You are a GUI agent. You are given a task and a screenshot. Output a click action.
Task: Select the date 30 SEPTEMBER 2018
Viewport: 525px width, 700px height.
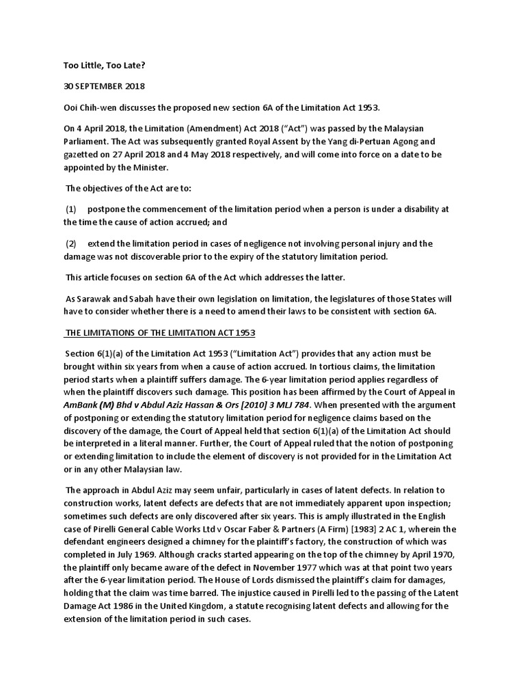[103, 87]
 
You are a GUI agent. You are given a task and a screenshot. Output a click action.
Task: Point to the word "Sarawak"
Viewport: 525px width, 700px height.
[94, 299]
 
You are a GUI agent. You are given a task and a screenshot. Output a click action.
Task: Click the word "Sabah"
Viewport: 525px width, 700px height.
[141, 299]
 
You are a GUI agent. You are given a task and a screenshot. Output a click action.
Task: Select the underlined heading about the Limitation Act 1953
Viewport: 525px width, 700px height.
[159, 332]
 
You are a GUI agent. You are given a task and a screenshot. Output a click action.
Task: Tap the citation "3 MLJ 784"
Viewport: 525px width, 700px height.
[293, 405]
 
